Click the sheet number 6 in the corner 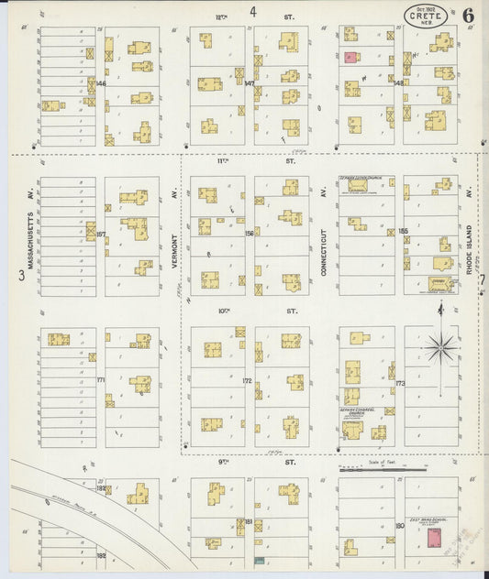469,15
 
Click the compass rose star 440,346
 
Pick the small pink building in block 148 351,58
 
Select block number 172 247,380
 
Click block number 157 101,234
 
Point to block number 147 249,83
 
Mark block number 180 399,525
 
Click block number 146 101,83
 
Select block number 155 403,231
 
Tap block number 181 249,521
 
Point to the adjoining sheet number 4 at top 252,12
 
